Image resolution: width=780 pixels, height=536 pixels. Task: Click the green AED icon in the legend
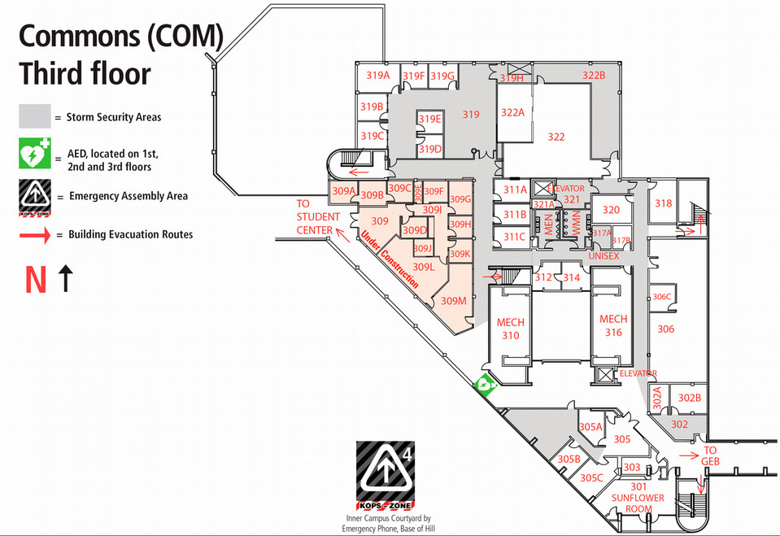click(x=35, y=155)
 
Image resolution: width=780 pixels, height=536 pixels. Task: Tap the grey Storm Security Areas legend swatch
click(x=34, y=116)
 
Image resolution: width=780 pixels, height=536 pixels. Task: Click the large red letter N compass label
click(x=35, y=279)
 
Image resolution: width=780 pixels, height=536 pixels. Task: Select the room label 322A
click(x=512, y=112)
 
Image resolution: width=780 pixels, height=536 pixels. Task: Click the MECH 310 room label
click(x=510, y=328)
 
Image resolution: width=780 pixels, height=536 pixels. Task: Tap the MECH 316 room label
click(x=612, y=325)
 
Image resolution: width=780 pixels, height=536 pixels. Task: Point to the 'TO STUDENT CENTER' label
click(x=314, y=217)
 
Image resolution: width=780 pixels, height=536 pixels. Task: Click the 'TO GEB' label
click(x=710, y=455)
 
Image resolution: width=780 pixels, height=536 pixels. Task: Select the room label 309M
click(x=453, y=300)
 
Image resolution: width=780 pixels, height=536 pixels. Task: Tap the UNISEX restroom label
click(x=604, y=256)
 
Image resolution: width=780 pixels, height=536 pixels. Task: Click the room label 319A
click(x=377, y=76)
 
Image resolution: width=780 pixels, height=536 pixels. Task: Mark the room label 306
click(x=665, y=329)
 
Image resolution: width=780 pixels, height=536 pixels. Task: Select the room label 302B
click(x=689, y=398)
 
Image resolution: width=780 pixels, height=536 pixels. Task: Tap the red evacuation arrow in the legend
click(x=35, y=234)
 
